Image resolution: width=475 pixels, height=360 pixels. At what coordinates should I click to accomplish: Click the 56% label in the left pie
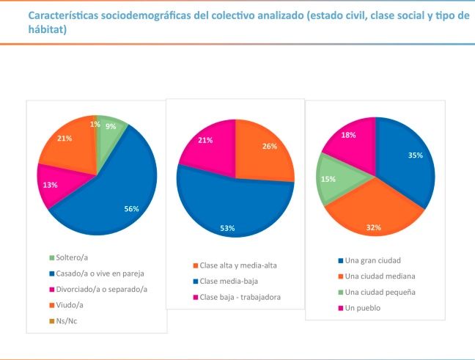point(132,209)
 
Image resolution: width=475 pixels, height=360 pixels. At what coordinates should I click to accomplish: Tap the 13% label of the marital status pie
point(51,185)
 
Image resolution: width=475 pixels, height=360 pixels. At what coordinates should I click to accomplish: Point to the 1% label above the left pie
point(94,124)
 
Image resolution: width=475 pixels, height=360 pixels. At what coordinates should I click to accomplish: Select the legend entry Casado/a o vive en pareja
point(103,273)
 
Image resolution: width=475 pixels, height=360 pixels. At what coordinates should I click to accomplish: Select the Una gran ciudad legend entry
point(374,260)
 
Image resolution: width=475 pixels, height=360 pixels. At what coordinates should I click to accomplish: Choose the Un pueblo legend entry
point(364,307)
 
